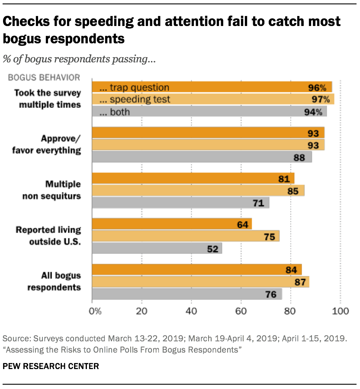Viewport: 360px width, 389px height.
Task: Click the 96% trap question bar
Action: [x=212, y=87]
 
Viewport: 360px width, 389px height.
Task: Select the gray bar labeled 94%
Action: [x=209, y=112]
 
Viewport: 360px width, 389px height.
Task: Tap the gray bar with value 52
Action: [x=157, y=248]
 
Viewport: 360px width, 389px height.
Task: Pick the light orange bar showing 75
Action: [x=186, y=236]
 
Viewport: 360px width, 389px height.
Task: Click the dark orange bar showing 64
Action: [x=172, y=224]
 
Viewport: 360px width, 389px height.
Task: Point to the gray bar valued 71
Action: [x=180, y=202]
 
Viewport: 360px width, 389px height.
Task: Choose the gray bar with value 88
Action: [x=202, y=157]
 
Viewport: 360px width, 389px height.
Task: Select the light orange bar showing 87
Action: [x=201, y=282]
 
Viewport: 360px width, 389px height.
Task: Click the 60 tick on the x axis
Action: [x=241, y=311]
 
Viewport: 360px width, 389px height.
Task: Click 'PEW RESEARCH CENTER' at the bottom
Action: [x=51, y=366]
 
